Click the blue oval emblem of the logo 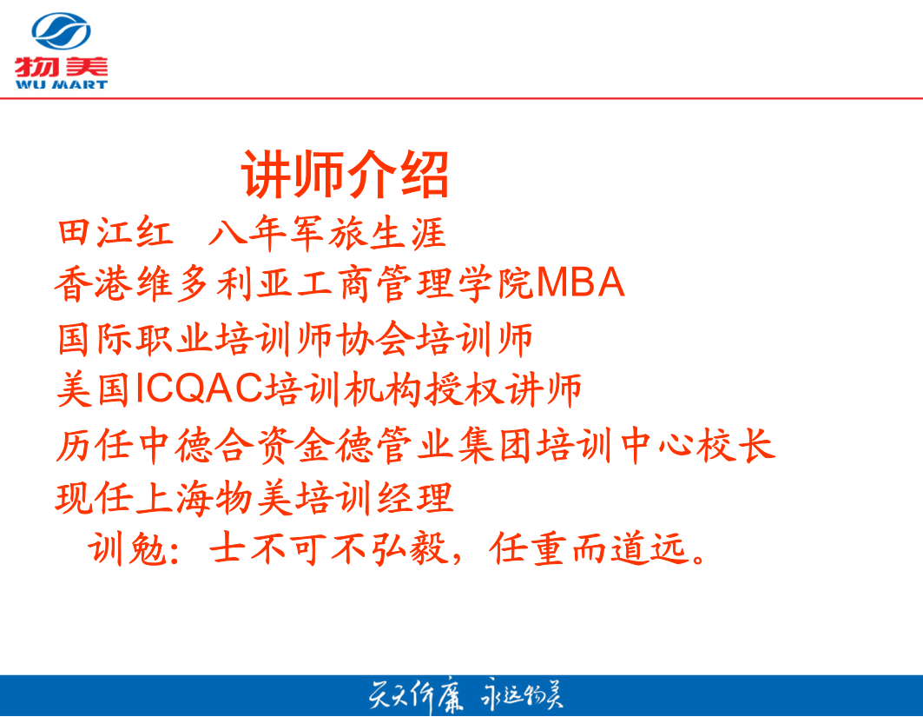point(62,31)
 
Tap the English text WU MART point(62,84)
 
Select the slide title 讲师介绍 point(346,174)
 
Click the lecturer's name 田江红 point(115,232)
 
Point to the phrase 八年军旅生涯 point(327,232)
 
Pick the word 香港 point(94,283)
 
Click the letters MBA point(580,282)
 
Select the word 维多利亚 point(214,283)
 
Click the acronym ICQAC point(199,388)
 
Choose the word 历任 point(94,445)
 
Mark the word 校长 point(735,445)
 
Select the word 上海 point(175,498)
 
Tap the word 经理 point(415,498)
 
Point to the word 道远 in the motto point(649,548)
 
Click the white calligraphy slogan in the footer point(465,696)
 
